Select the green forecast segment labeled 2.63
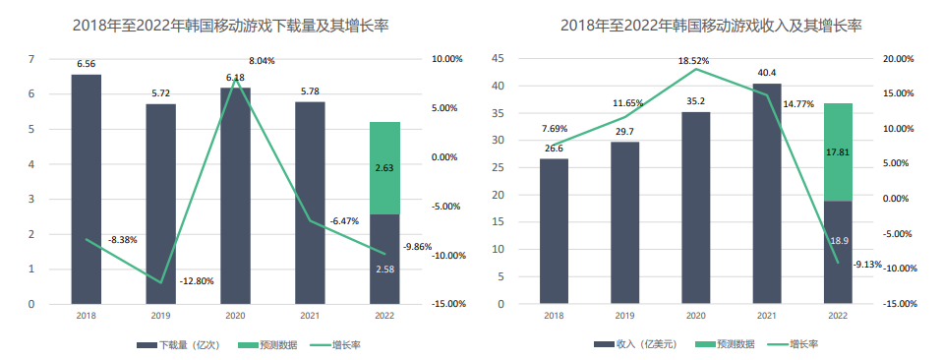[384, 168]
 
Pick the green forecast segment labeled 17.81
[838, 151]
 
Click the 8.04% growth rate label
[262, 61]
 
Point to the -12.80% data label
[197, 281]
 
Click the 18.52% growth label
[695, 61]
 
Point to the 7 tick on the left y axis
[31, 59]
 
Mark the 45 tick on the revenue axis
[498, 59]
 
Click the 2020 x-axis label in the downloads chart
[235, 316]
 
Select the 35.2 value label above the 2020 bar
[695, 100]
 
